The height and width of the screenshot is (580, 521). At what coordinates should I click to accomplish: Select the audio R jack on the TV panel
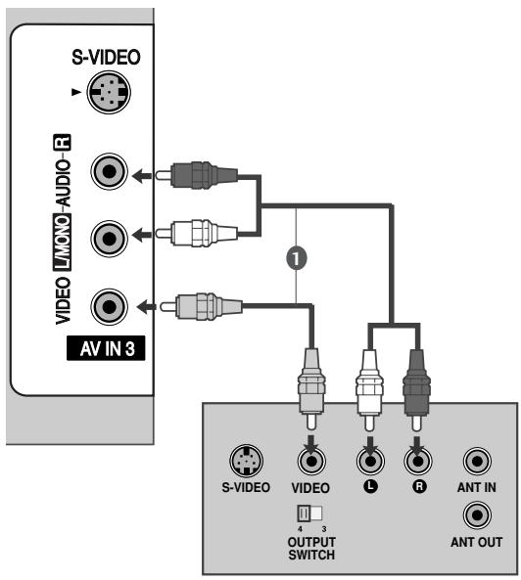point(104,175)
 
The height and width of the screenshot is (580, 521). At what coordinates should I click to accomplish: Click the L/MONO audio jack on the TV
point(104,235)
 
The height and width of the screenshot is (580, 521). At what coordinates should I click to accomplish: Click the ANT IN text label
point(475,486)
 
